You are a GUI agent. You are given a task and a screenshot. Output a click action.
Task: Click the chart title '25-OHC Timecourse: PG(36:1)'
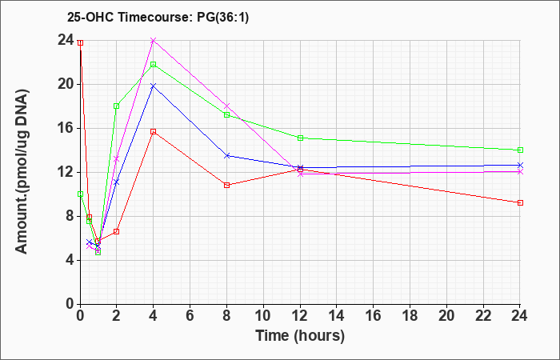[158, 17]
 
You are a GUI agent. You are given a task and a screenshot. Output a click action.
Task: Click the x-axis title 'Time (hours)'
[300, 336]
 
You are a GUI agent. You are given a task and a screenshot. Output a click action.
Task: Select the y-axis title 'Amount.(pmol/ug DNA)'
[22, 171]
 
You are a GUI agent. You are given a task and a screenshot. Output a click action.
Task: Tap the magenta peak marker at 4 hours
[154, 41]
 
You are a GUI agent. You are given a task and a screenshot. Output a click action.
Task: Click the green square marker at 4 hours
[154, 64]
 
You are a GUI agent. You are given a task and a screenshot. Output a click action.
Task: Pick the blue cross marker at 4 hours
[154, 86]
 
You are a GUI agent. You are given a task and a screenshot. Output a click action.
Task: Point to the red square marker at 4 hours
[154, 131]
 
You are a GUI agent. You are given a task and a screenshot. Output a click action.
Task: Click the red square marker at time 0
[80, 43]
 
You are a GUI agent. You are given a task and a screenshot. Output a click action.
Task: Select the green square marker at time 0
[80, 194]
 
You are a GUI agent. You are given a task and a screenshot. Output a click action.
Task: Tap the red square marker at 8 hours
[226, 185]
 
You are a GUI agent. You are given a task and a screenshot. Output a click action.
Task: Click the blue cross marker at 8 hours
[226, 156]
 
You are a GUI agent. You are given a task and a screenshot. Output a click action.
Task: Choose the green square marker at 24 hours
[520, 150]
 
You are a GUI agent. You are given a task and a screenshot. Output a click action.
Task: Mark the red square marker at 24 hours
[520, 203]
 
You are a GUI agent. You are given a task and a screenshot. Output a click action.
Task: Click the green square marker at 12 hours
[300, 138]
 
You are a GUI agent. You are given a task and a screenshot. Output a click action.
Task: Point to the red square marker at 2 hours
[117, 231]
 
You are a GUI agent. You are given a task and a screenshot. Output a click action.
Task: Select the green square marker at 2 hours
[117, 106]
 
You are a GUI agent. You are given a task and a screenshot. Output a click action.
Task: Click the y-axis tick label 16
[66, 129]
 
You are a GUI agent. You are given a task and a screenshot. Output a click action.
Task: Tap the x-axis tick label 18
[410, 316]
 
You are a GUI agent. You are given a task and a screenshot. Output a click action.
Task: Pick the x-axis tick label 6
[190, 316]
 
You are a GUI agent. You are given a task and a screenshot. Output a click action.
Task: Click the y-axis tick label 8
[70, 217]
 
